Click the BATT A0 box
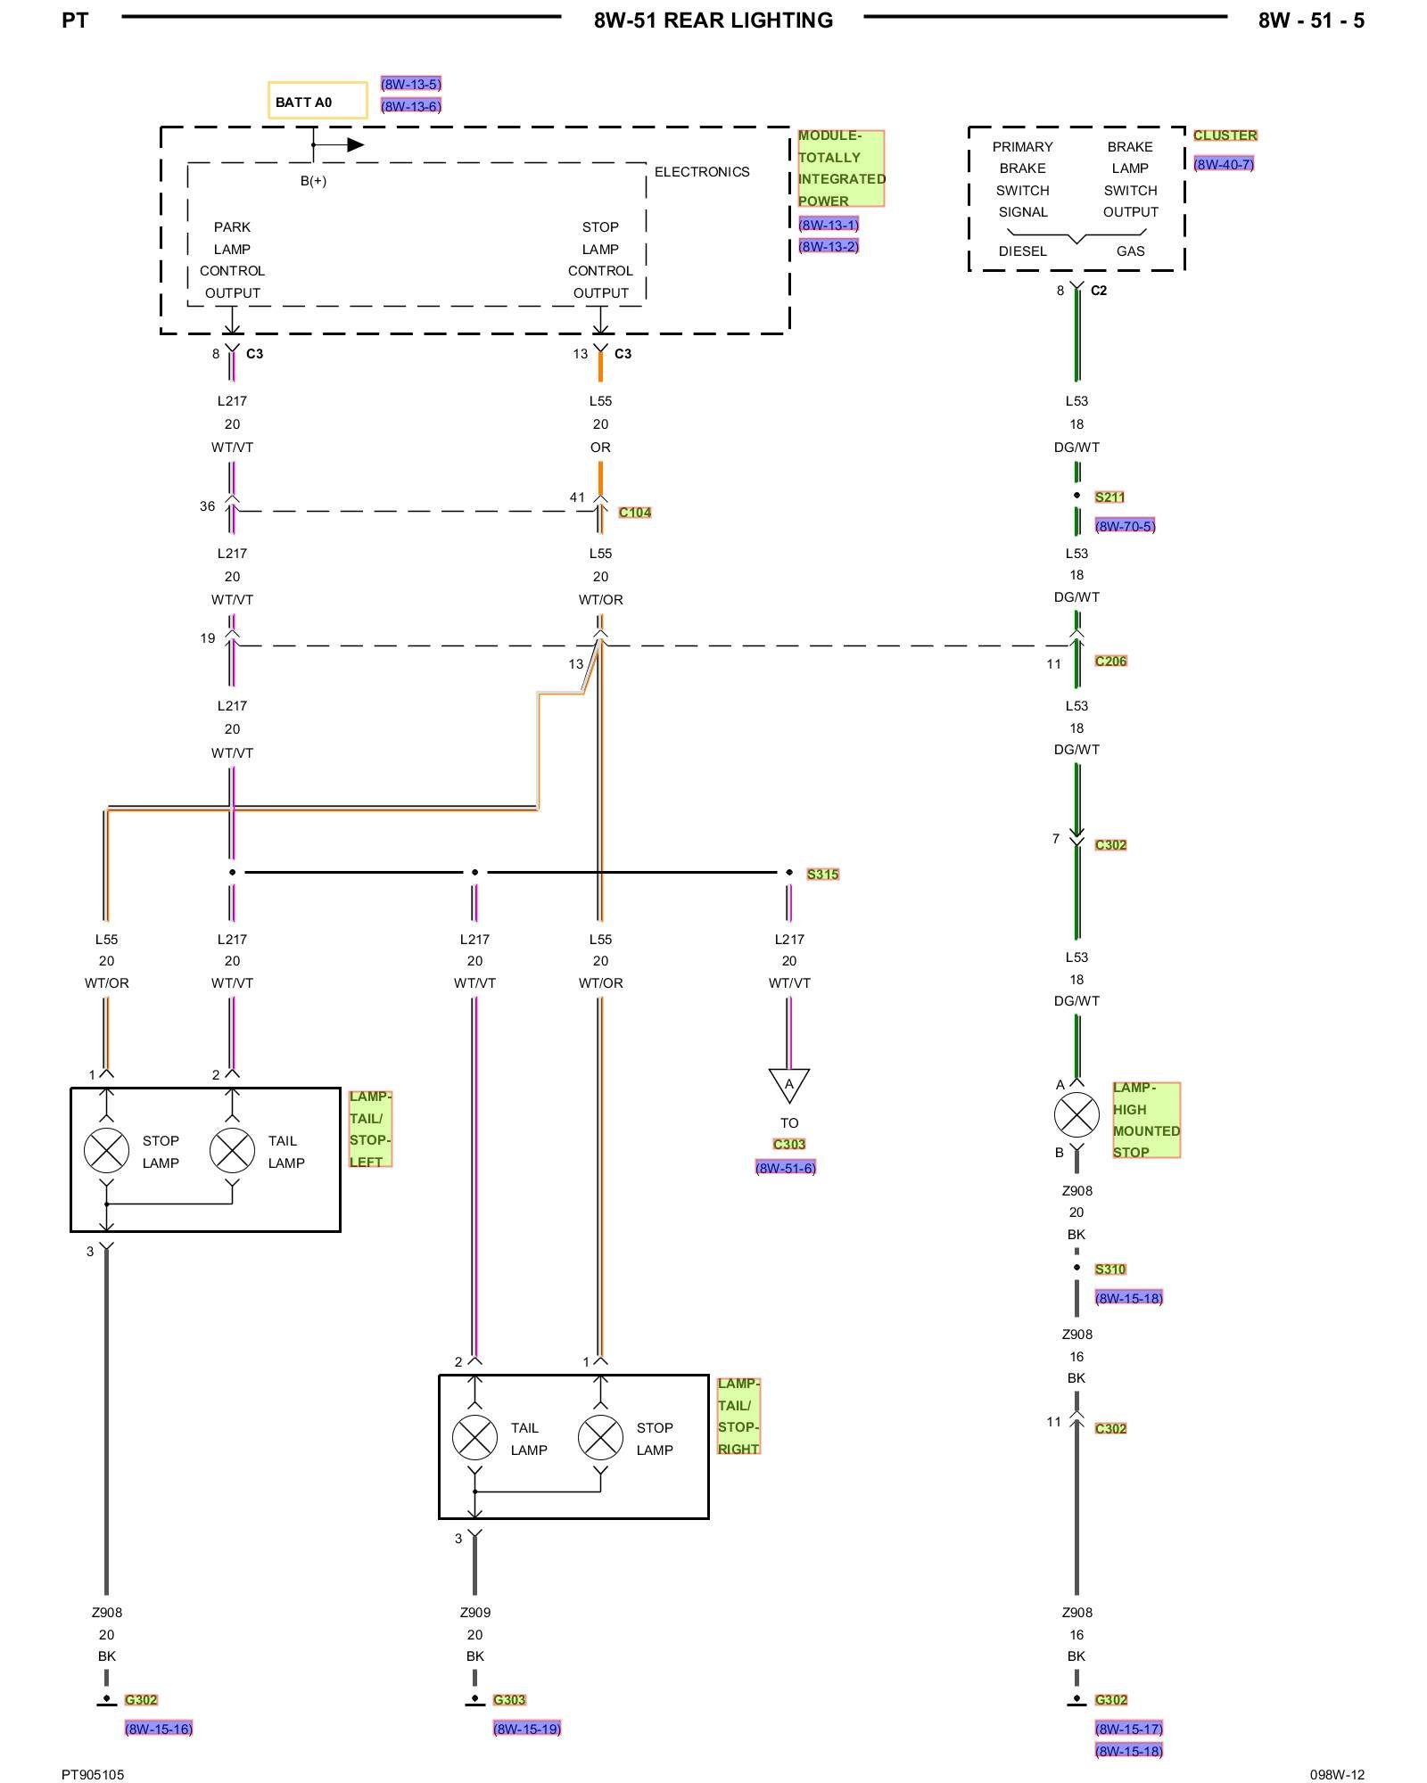tap(318, 101)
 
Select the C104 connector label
tap(635, 513)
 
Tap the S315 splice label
tap(822, 875)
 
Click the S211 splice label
tap(1109, 497)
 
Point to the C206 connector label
tap(1110, 661)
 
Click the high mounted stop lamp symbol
tap(1076, 1115)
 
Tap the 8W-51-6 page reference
tap(786, 1168)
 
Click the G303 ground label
tap(509, 1700)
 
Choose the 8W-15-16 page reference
tap(159, 1729)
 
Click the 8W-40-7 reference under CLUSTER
tap(1224, 164)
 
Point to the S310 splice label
tap(1110, 1269)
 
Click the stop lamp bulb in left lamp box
tap(106, 1150)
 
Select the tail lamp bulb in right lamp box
tap(474, 1437)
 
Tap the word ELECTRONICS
tap(702, 172)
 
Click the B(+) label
tap(313, 181)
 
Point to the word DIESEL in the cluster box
tap(1022, 251)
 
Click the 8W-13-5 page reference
tap(410, 84)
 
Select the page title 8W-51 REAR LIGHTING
tap(713, 21)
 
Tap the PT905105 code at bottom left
tap(93, 1774)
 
